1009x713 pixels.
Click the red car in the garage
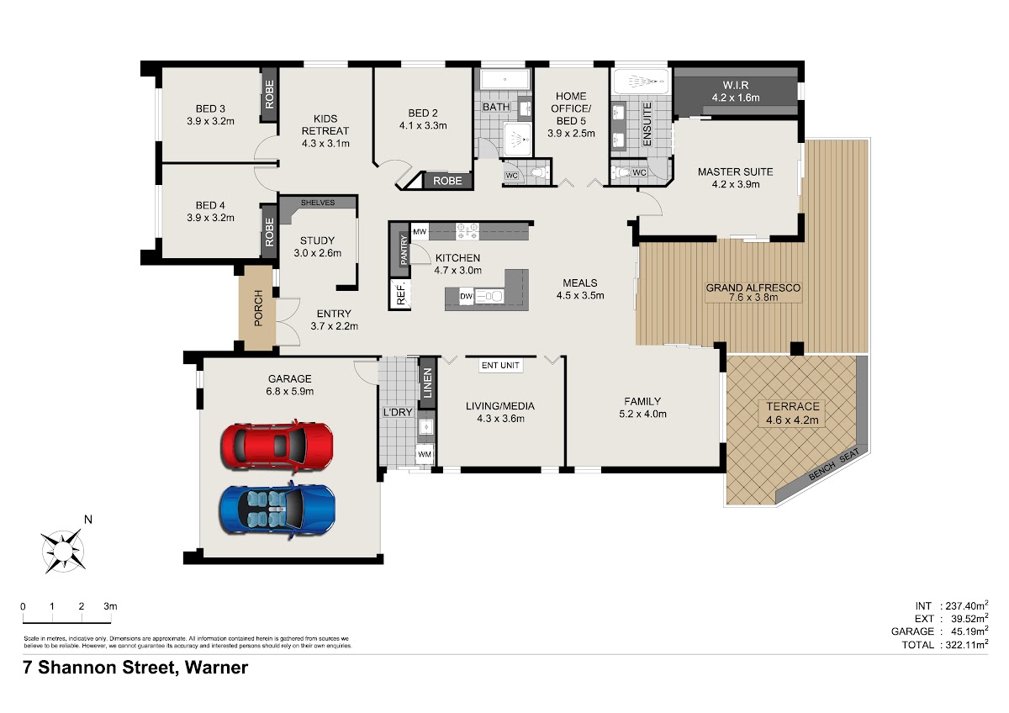coord(277,446)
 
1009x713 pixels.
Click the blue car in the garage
coord(277,510)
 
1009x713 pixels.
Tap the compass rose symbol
coord(63,551)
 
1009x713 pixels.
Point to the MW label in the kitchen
coord(420,232)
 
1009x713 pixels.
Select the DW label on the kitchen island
coord(466,296)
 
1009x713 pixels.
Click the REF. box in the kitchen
coord(400,293)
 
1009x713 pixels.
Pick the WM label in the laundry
coord(425,454)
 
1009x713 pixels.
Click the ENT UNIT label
coord(500,365)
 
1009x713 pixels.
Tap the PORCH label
coord(258,308)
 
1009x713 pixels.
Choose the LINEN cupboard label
coord(427,383)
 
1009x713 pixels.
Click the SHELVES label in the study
coord(318,203)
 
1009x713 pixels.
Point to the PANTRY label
coord(404,250)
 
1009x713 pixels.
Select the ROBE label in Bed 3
coord(269,94)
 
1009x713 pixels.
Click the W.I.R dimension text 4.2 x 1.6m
coord(736,98)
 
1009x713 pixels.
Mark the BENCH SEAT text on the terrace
coord(834,464)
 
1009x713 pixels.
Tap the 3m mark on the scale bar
coord(110,606)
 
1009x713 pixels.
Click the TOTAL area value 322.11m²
coord(964,645)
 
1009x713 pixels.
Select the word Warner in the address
coord(216,668)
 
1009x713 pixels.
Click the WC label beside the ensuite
coord(639,172)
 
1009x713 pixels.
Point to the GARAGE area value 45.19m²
coord(967,631)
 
